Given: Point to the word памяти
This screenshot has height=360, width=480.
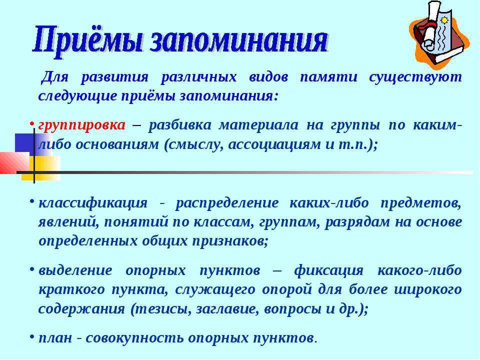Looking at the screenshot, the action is [x=328, y=77].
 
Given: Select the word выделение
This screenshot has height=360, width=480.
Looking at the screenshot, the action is [x=75, y=270].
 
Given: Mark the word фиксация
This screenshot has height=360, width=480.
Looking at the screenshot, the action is [x=329, y=271].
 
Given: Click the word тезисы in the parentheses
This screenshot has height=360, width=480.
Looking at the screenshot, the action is [x=160, y=309].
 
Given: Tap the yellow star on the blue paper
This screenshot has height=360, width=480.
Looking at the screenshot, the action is [x=444, y=20].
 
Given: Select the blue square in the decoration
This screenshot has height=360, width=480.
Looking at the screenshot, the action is [x=27, y=144].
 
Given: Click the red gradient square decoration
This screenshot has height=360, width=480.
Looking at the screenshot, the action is [x=14, y=163].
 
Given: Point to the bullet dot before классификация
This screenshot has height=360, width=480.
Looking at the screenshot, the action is [x=32, y=201].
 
